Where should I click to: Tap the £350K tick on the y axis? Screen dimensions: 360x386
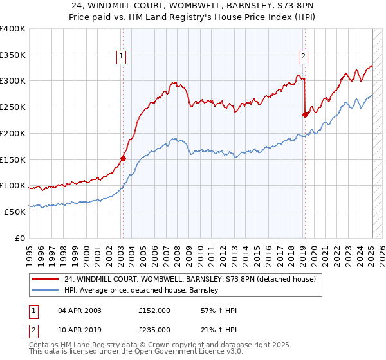tap(13, 55)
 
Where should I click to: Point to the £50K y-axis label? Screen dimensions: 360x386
tap(15, 212)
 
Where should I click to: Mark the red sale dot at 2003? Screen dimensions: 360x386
tap(123, 158)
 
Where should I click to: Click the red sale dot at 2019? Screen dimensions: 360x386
tap(305, 114)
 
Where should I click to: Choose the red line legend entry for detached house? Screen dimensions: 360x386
tap(190, 280)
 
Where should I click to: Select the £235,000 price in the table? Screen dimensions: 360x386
tap(154, 329)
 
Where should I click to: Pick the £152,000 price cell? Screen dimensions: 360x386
tap(154, 310)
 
